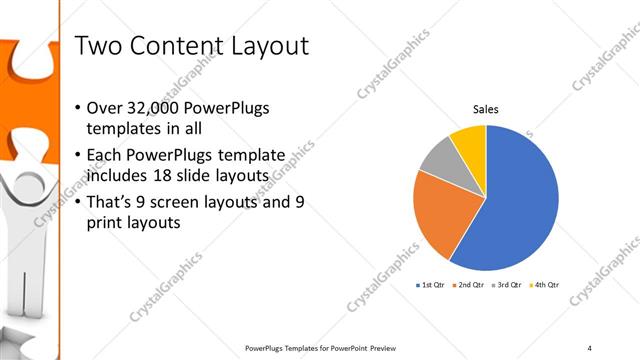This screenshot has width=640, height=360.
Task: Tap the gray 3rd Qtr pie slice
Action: point(441,161)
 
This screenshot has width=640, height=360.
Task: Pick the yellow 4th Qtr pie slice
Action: point(469,140)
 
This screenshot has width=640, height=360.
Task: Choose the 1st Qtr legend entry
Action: point(433,285)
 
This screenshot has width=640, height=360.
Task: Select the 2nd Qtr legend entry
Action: point(469,285)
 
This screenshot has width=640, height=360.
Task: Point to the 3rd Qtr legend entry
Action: point(505,285)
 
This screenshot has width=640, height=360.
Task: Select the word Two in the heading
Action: point(97,46)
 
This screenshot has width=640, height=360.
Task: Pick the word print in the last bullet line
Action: point(108,223)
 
